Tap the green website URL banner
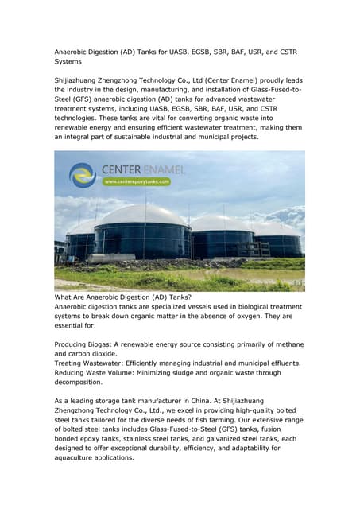tap(137, 181)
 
